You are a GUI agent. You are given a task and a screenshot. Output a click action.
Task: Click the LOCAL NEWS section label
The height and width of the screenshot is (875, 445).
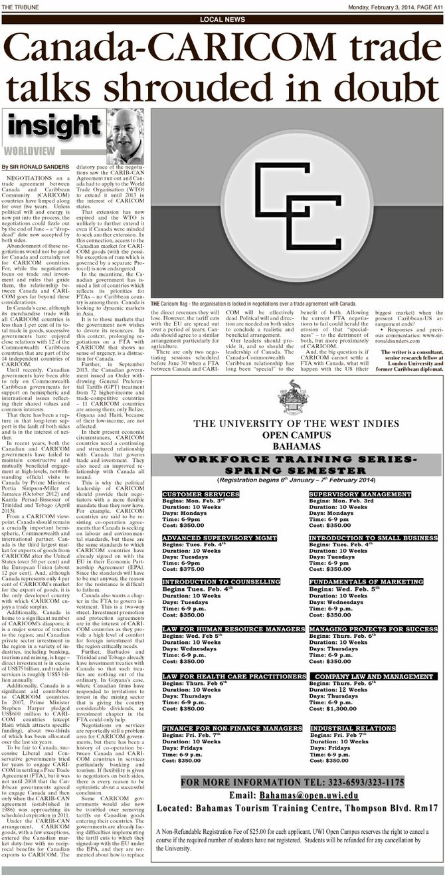tap(222, 20)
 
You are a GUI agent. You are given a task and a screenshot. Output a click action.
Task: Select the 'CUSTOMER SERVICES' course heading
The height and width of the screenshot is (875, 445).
tap(192, 494)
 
